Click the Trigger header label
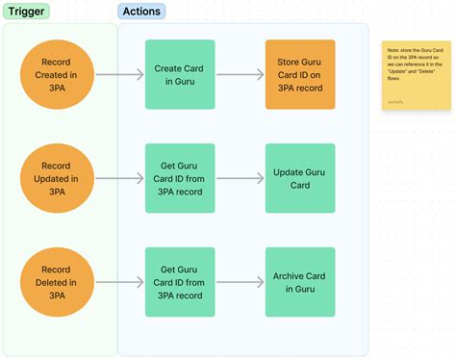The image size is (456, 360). tap(27, 12)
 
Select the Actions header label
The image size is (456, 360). tap(141, 12)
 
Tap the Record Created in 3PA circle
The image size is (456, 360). tap(57, 75)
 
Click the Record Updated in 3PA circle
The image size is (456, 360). tap(57, 178)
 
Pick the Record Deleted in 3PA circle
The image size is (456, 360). tap(57, 282)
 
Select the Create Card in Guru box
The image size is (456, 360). tap(179, 75)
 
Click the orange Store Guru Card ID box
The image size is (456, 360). tap(300, 75)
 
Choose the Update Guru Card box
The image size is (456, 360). tap(300, 178)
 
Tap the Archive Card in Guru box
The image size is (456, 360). tap(300, 282)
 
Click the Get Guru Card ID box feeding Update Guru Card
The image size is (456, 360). tap(179, 178)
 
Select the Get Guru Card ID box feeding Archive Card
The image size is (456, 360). tap(179, 282)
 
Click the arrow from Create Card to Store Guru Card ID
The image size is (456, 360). tap(239, 75)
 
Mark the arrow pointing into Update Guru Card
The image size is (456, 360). tap(239, 178)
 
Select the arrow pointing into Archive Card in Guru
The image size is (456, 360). tap(239, 282)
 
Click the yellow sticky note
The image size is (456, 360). tap(415, 75)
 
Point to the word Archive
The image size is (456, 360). tap(290, 275)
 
